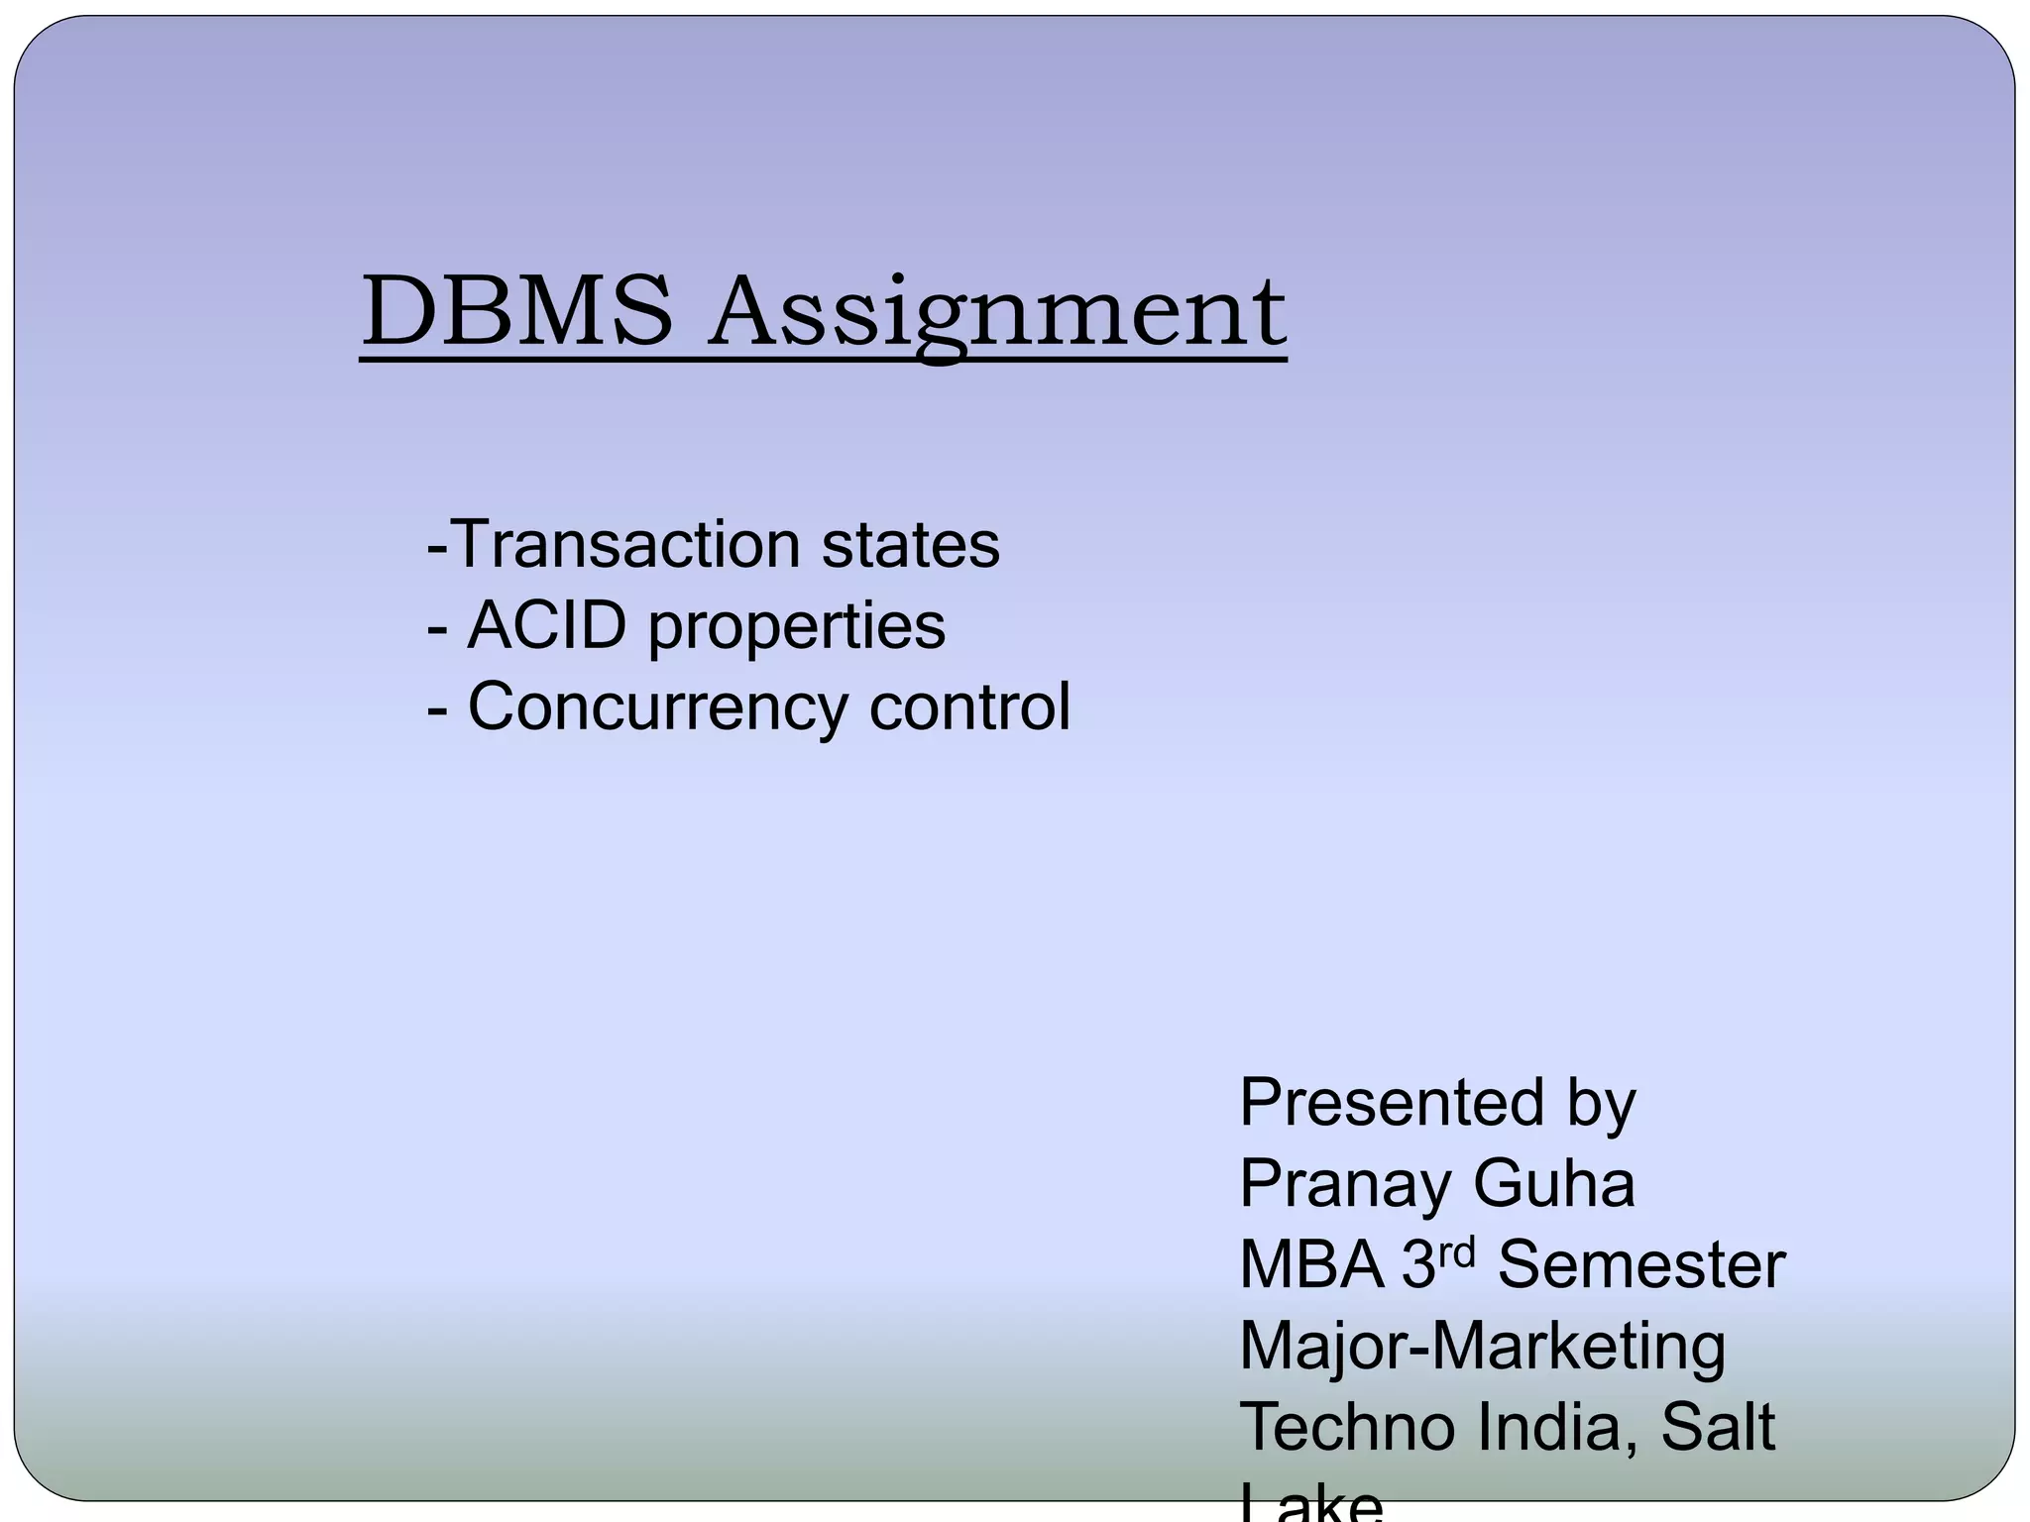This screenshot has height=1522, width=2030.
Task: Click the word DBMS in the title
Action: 516,312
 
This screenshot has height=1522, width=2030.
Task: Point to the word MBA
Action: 1311,1264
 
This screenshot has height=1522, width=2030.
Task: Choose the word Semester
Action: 1641,1264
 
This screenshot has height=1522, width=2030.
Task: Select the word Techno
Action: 1347,1427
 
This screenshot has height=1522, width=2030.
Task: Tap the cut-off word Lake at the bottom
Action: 1310,1504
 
